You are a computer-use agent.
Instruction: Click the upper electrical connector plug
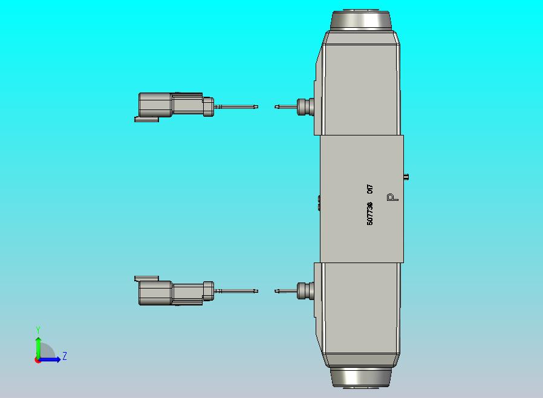click(x=172, y=105)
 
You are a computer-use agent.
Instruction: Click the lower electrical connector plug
click(x=172, y=293)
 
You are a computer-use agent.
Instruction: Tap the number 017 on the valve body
click(x=370, y=189)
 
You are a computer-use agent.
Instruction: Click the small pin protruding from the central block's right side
click(x=406, y=177)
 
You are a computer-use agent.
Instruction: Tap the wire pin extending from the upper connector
click(x=236, y=107)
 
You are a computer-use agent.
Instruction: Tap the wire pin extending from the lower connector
click(x=236, y=292)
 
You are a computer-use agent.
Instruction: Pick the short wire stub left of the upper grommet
click(x=285, y=107)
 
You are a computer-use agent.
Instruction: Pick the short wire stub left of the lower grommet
click(x=285, y=291)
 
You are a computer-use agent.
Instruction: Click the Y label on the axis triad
click(x=38, y=330)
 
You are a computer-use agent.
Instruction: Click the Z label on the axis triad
click(x=65, y=356)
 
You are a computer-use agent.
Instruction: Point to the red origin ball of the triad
click(x=38, y=360)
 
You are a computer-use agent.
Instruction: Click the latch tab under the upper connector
click(x=146, y=119)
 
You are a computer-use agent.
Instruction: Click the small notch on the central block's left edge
click(x=319, y=202)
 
